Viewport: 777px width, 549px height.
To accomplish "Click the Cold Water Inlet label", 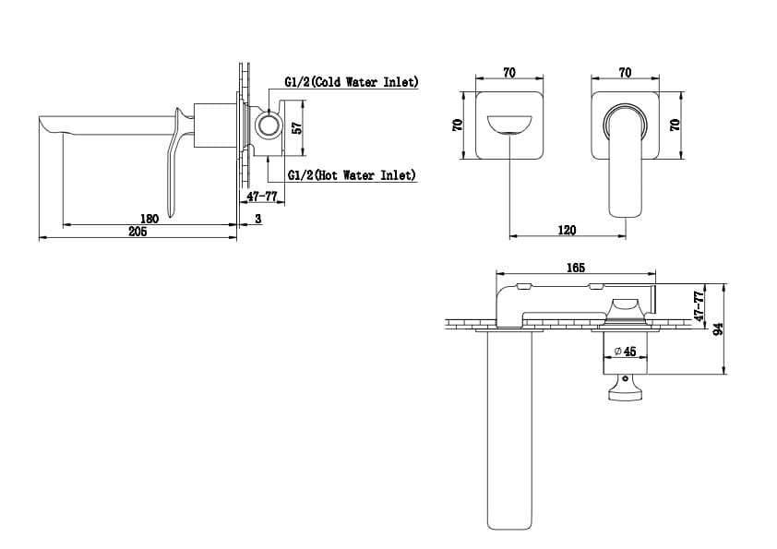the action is pos(352,82).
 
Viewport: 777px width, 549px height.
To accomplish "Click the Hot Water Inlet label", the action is pos(352,175).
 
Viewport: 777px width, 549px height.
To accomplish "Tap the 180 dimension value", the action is pos(149,219).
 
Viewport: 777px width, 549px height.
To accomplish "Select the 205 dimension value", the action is pos(137,232).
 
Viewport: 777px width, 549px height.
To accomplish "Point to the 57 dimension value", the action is pos(297,128).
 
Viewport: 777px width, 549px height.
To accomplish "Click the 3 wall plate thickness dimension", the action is pos(258,219).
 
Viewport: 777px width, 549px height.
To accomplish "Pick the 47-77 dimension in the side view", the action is pos(262,197).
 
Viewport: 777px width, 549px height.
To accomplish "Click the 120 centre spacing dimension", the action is pos(567,231).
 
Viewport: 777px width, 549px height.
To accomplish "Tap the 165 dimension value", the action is pos(576,268).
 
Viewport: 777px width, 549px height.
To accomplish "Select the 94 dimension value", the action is pos(718,328).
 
